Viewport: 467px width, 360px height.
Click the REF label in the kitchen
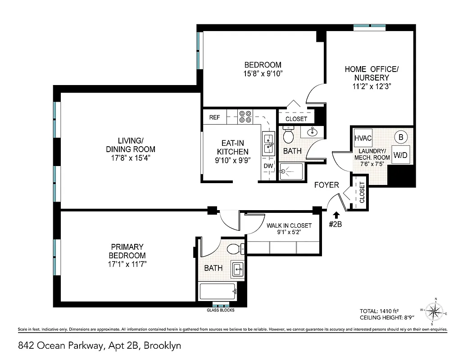214,117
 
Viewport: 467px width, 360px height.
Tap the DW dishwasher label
268,166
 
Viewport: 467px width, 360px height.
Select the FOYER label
326,184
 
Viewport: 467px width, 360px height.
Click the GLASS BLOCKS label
221,310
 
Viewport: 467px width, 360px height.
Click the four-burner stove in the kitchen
245,117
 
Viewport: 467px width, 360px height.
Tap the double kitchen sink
268,142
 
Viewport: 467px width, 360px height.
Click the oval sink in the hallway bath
313,132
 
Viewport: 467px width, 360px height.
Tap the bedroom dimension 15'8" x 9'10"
263,73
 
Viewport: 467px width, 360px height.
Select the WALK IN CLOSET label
289,225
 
